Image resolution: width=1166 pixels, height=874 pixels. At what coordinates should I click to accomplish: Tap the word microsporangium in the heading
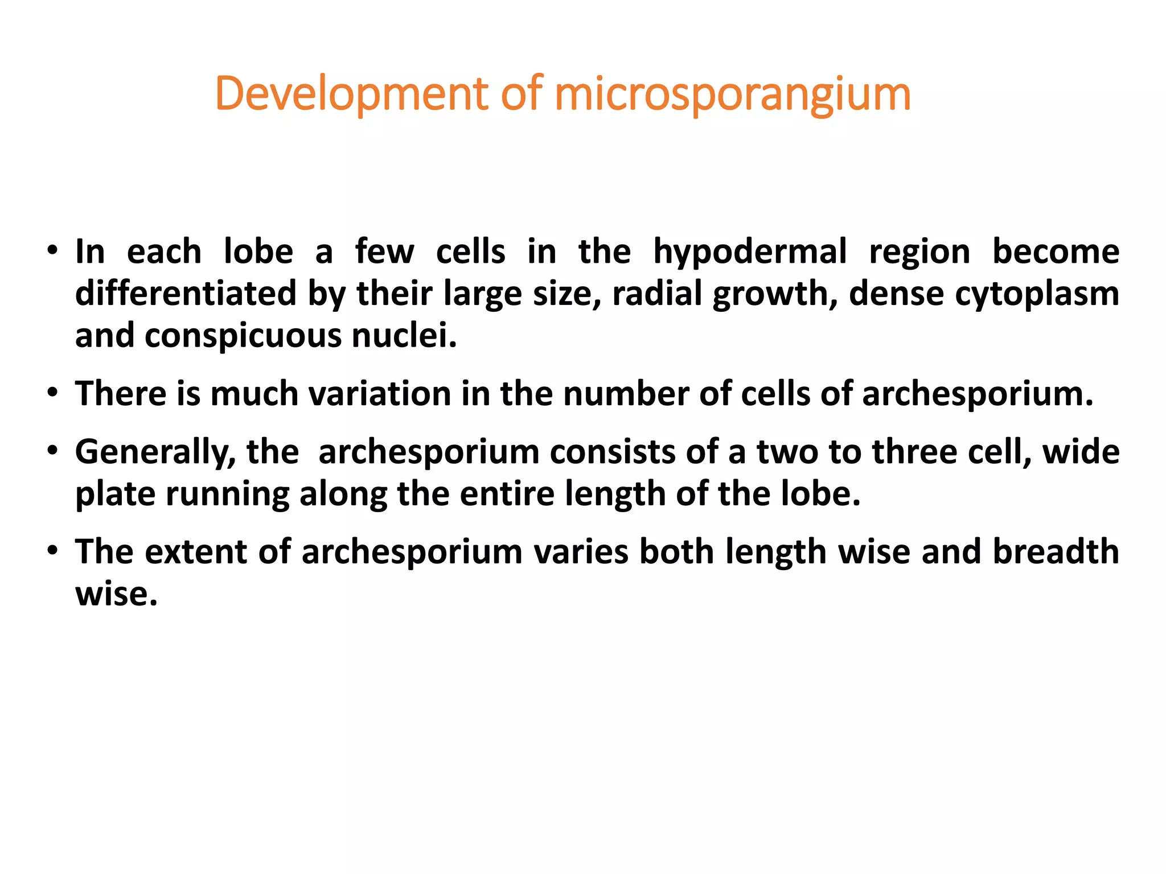tap(732, 94)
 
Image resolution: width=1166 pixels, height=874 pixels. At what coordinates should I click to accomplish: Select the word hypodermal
tap(750, 252)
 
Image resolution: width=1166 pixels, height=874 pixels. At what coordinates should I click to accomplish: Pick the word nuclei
tap(404, 336)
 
